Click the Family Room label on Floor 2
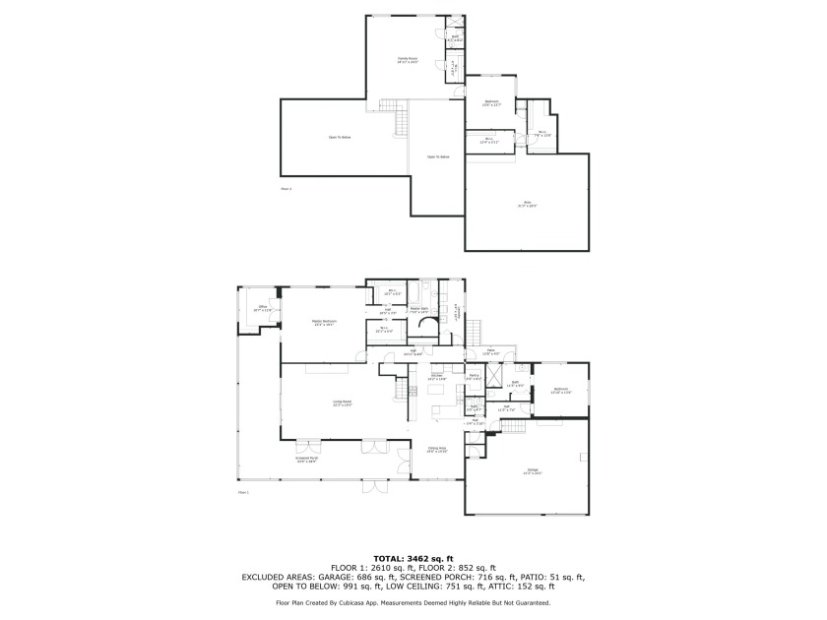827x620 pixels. point(408,61)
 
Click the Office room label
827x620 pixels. point(263,309)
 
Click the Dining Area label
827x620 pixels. point(438,450)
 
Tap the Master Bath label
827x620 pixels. point(418,310)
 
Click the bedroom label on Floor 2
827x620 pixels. point(491,102)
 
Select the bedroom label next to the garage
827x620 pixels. point(559,391)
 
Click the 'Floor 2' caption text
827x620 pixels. point(286,188)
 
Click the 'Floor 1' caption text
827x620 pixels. point(244,492)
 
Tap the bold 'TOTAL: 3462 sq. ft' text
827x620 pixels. point(413,558)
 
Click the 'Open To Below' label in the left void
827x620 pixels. point(340,137)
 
